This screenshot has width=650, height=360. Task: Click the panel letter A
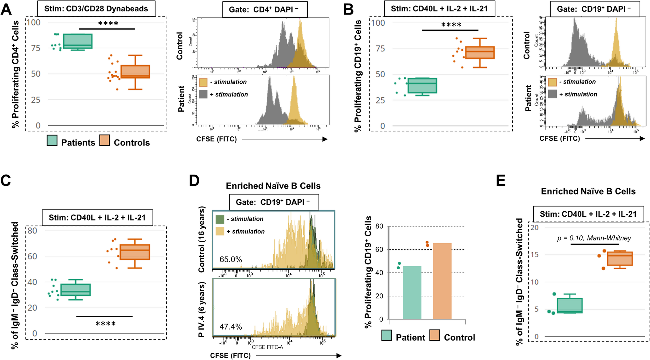[x=6, y=9]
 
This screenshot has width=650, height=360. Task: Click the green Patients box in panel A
[x=77, y=41]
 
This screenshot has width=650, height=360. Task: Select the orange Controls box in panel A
[x=135, y=72]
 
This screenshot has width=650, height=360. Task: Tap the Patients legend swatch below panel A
[x=52, y=141]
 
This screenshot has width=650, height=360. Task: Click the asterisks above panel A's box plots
[x=108, y=24]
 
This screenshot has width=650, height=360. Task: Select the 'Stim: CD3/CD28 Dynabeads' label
[x=96, y=9]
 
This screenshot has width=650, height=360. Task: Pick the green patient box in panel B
[x=422, y=85]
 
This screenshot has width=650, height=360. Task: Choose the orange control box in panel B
[x=480, y=53]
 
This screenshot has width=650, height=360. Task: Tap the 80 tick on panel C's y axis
[x=32, y=231]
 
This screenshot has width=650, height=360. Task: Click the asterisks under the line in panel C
[x=106, y=324]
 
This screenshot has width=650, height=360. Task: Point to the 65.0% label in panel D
[x=230, y=260]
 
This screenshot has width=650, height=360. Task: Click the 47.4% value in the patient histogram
[x=230, y=327]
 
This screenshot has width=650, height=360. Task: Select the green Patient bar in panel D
[x=412, y=293]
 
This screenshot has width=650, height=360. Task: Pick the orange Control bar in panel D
[x=442, y=281]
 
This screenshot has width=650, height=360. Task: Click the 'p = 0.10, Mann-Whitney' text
[x=594, y=238]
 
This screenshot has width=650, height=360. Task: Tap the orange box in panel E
[x=620, y=258]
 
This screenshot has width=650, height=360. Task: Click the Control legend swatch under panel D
[x=435, y=336]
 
